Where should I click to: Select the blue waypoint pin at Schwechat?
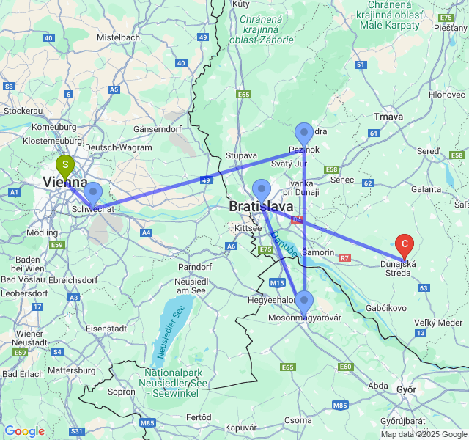pos(93,194)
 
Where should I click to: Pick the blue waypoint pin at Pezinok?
pos(304,135)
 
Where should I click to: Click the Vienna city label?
pos(64,183)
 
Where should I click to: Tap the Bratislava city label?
pos(261,207)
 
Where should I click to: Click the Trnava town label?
pos(389,117)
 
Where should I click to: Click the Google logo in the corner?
pos(24,431)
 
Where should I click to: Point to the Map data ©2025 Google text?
pos(424,434)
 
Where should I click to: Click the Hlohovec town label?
pos(447,95)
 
